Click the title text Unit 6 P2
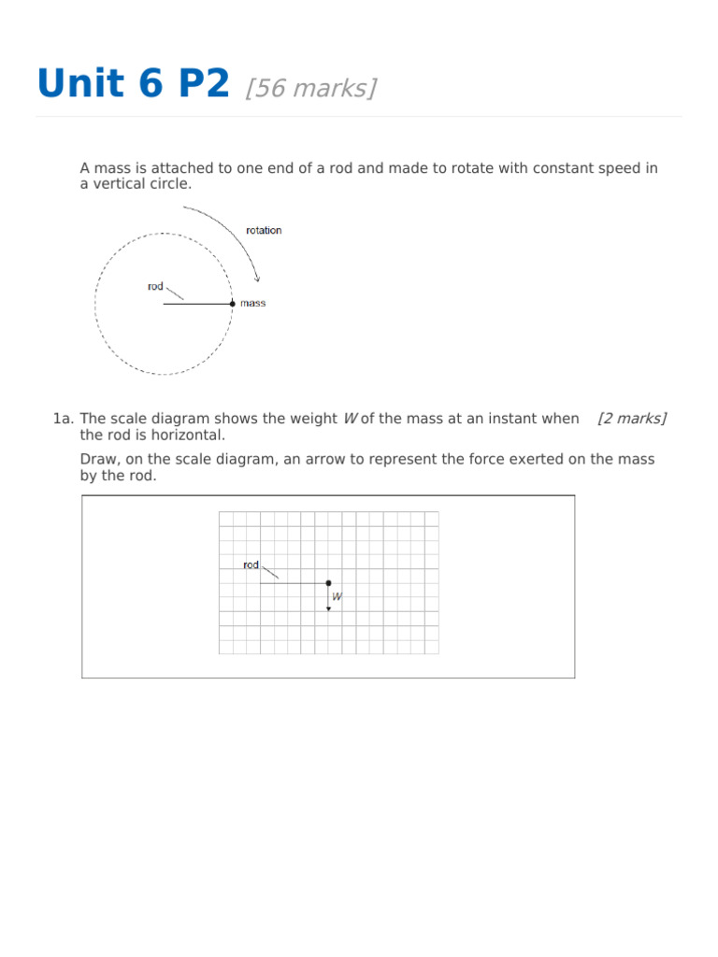(132, 84)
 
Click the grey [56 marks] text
(311, 88)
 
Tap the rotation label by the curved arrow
(263, 231)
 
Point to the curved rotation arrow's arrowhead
(257, 278)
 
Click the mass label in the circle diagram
(252, 304)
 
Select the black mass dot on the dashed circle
(233, 304)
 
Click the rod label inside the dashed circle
(155, 287)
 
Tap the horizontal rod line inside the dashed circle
(197, 304)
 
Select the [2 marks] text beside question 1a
(632, 419)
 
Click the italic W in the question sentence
(350, 419)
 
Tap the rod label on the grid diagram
(251, 564)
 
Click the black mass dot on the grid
(328, 583)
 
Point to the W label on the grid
(337, 596)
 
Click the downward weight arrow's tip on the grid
(328, 608)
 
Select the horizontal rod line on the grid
(294, 583)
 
